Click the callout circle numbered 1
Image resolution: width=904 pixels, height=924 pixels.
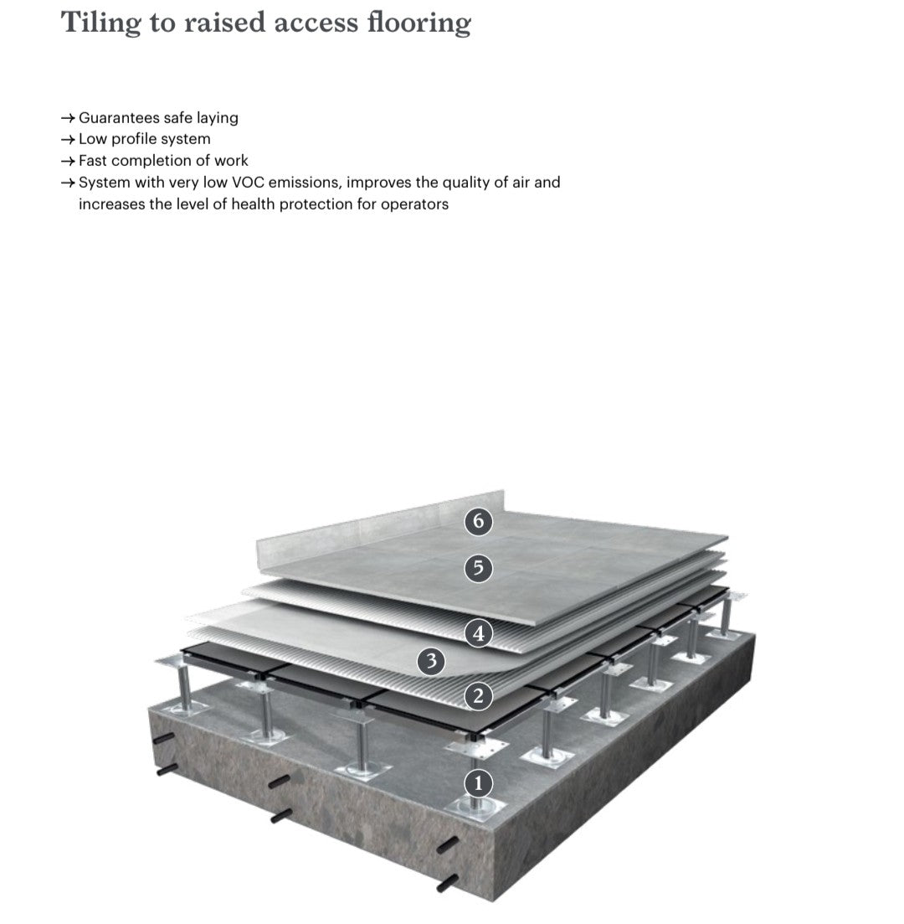click(479, 784)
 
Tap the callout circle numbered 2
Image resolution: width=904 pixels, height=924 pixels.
click(479, 695)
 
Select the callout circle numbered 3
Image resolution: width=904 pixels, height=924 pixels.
click(431, 662)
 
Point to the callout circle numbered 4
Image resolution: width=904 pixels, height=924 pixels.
click(479, 633)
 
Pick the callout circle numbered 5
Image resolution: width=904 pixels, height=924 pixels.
click(479, 569)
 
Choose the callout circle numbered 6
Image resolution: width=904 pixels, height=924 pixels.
click(479, 521)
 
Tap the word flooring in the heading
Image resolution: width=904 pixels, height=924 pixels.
click(419, 23)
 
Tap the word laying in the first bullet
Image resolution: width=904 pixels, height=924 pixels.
click(218, 118)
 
